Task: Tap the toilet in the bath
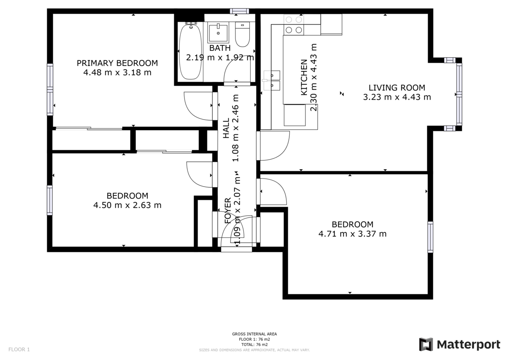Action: point(243,35)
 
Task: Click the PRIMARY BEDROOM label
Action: point(117,63)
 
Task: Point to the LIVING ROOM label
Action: point(397,88)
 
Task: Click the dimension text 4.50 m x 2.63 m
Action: point(127,205)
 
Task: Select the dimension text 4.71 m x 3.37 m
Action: point(352,234)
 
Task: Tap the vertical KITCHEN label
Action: point(304,77)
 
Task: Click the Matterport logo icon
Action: point(426,344)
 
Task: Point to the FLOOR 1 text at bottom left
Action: point(19,350)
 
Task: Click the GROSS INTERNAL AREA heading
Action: point(255,334)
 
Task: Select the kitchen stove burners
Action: point(294,25)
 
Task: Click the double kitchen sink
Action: point(272,81)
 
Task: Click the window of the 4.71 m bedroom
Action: point(431,237)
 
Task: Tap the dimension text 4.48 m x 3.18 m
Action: point(117,73)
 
